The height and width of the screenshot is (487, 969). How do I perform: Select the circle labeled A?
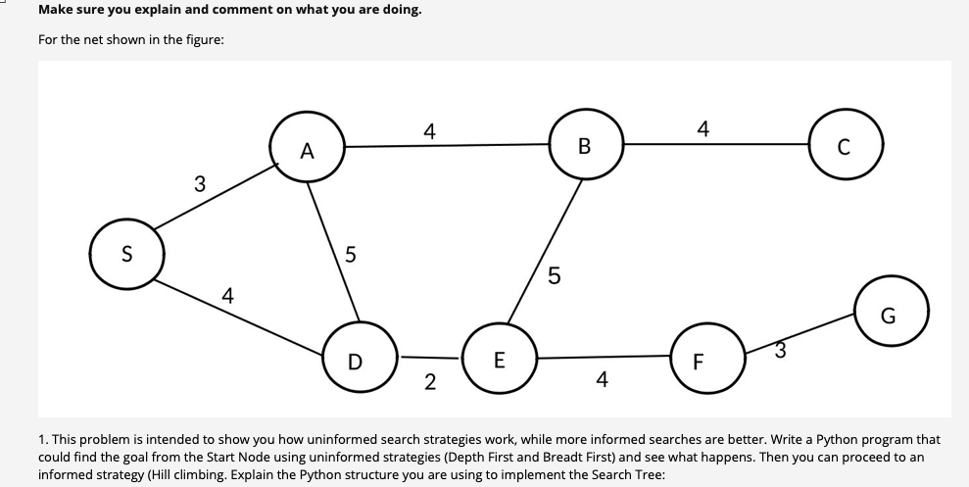[x=308, y=149]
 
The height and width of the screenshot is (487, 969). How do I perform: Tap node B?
[x=585, y=146]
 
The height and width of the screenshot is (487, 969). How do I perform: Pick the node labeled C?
[x=847, y=148]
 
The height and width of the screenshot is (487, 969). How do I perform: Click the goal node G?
[x=889, y=314]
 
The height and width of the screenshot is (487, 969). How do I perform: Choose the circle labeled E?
[x=500, y=358]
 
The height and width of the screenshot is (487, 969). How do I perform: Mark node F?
[x=699, y=360]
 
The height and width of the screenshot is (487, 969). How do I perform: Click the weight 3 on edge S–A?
[x=200, y=183]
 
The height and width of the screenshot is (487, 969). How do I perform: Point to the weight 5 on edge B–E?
[x=554, y=277]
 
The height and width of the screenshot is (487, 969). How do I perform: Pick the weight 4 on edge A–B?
[x=428, y=129]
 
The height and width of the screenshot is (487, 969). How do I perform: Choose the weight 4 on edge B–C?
[x=702, y=127]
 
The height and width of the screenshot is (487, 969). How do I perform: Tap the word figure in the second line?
[x=188, y=38]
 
